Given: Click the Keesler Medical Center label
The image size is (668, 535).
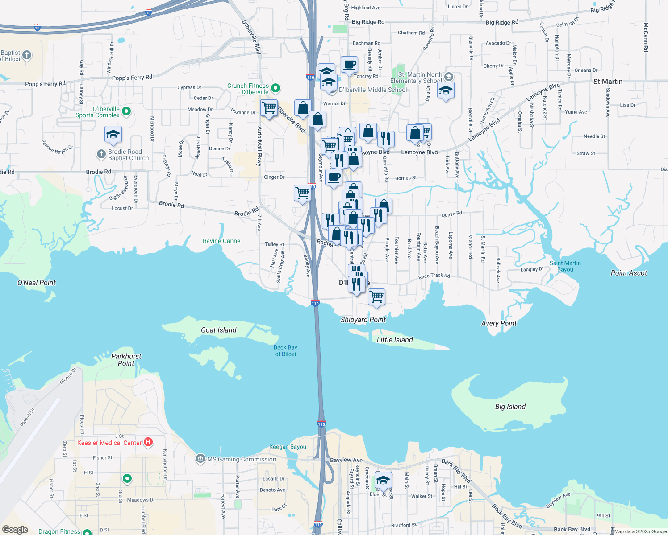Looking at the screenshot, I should pos(109,443).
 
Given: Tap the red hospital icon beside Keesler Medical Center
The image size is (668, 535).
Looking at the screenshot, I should pos(148,442).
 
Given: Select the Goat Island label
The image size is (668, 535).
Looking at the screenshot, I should pos(218,330).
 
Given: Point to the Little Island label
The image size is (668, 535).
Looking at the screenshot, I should pos(395,340).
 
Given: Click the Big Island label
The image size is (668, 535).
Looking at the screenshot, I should pos(510,407).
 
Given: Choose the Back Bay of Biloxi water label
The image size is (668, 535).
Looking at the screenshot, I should pos(285,350).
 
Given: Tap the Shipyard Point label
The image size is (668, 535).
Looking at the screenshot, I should pos(363,320).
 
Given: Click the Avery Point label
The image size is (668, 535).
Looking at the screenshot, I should pos(499,323).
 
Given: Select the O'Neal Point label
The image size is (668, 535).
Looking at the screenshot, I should pos(37,283).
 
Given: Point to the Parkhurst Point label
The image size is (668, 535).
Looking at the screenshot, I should pos(126,360).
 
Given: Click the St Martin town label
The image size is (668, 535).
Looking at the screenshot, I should pos(608,82).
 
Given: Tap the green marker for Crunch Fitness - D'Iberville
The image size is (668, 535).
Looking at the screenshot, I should pos(276,88).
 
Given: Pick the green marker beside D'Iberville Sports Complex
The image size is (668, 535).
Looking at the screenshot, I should pos(126,111).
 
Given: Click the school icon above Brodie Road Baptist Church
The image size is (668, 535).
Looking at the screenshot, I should pos(113,134).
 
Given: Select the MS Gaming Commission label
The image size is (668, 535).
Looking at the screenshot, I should pos(242,459).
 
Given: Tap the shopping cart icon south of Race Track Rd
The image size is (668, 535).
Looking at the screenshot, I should pos(376,296).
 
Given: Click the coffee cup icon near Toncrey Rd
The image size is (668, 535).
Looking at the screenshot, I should pos(349,65).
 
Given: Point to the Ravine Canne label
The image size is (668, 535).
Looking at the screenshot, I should pos(221,241).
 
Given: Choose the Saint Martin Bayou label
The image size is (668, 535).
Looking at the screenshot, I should pos(565,266).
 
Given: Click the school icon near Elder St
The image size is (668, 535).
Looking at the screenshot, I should pos(383,480).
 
